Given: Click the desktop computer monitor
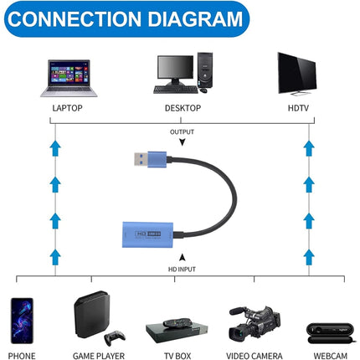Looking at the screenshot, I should pos(173,74).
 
